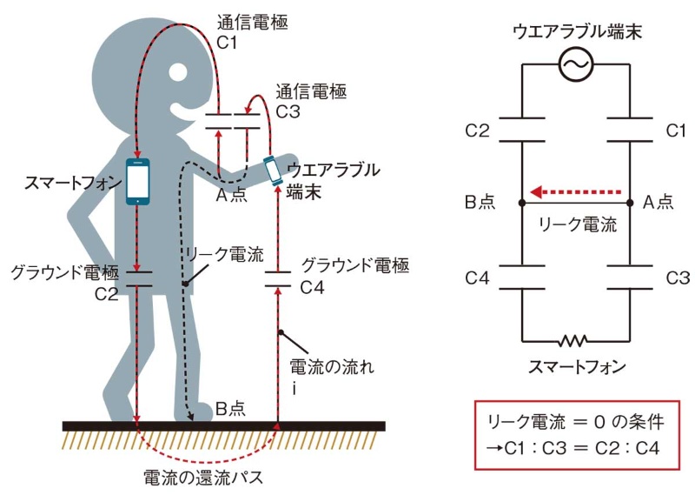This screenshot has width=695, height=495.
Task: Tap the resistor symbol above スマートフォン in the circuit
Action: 575,338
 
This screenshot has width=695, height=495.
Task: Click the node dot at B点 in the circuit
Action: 522,203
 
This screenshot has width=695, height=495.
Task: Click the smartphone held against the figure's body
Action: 138,180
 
